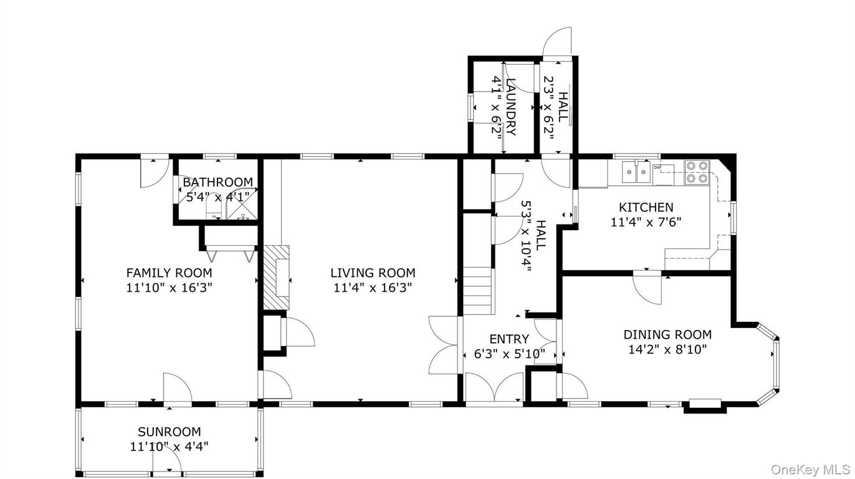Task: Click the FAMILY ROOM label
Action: coord(169,273)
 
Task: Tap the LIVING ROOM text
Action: coord(373,273)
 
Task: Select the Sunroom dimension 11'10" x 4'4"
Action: coord(169,447)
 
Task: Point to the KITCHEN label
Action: coord(646,207)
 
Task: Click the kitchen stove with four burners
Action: coord(697,172)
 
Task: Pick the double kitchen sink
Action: coord(636,172)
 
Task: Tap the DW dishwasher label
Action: coord(657,167)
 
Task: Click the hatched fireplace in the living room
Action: coord(276,277)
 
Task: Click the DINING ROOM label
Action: coord(667,334)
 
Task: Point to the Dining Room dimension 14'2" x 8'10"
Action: coord(667,350)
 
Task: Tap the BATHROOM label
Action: coord(217,182)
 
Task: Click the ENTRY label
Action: coord(509,339)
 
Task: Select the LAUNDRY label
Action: coord(511,107)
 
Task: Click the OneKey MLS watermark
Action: coord(810,468)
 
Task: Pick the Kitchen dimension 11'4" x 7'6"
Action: coord(646,222)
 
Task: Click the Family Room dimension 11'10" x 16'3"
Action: coord(169,288)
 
